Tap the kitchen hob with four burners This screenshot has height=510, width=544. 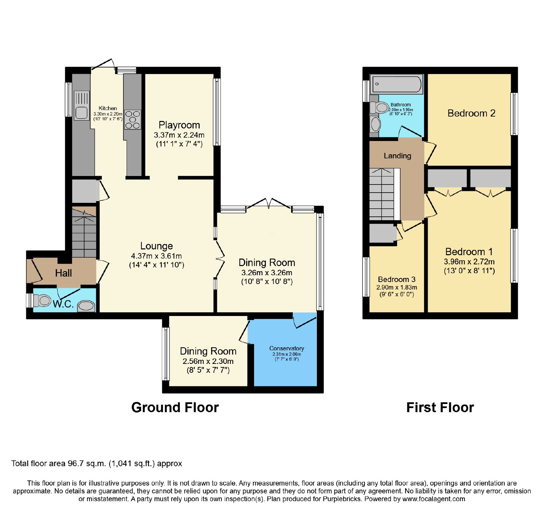coord(133,120)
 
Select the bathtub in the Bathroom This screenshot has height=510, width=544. coord(396,84)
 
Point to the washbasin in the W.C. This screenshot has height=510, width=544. coord(86,306)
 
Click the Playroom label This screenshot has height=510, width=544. coord(179,125)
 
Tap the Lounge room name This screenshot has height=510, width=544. coord(156,246)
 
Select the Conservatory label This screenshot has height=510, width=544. coord(287,348)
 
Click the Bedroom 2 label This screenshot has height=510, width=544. coord(471,113)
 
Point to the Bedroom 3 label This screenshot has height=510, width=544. coord(397,279)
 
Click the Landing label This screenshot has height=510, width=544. coord(397,156)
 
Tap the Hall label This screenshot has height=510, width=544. coord(64,273)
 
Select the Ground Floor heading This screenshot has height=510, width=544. coord(175,407)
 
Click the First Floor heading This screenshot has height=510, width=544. coord(440,407)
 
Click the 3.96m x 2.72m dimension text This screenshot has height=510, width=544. coord(469,262)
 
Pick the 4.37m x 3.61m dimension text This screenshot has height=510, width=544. coord(156,256)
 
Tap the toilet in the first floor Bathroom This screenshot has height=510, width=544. coord(379,108)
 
